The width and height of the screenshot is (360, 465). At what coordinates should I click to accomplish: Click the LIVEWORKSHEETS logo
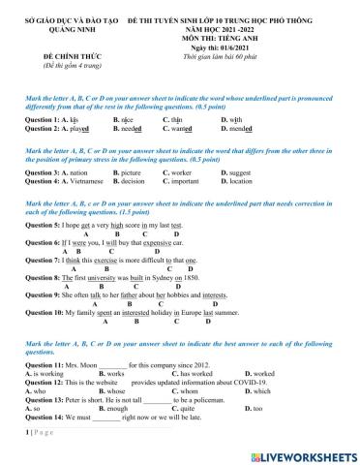point(304,453)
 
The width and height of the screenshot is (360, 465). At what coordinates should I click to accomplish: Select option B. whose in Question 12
point(125,391)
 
